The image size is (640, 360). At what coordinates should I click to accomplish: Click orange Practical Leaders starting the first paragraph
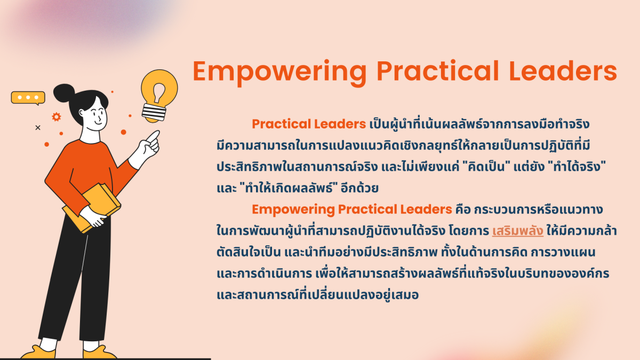click(x=308, y=124)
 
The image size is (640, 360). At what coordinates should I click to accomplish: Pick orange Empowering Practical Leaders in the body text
click(x=351, y=210)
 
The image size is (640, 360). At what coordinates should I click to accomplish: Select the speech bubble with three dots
click(x=28, y=98)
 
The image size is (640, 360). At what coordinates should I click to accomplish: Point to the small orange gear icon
click(x=56, y=117)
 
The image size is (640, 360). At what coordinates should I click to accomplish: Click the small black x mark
click(x=38, y=127)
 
